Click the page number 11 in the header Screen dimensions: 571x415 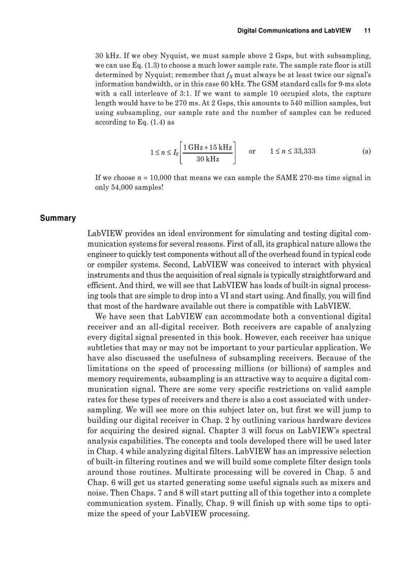(x=367, y=31)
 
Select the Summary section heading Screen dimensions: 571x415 (x=58, y=219)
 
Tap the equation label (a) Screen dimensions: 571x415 (x=366, y=152)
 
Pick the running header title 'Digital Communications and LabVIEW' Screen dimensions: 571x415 (x=294, y=31)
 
